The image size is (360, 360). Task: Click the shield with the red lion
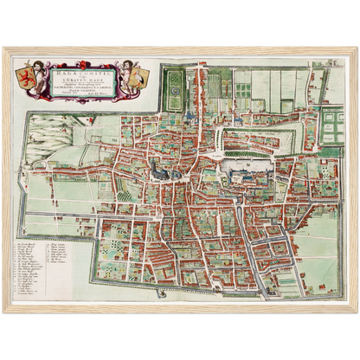[x=27, y=72]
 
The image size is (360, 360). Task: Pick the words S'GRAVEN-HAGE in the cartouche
[x=77, y=74]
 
